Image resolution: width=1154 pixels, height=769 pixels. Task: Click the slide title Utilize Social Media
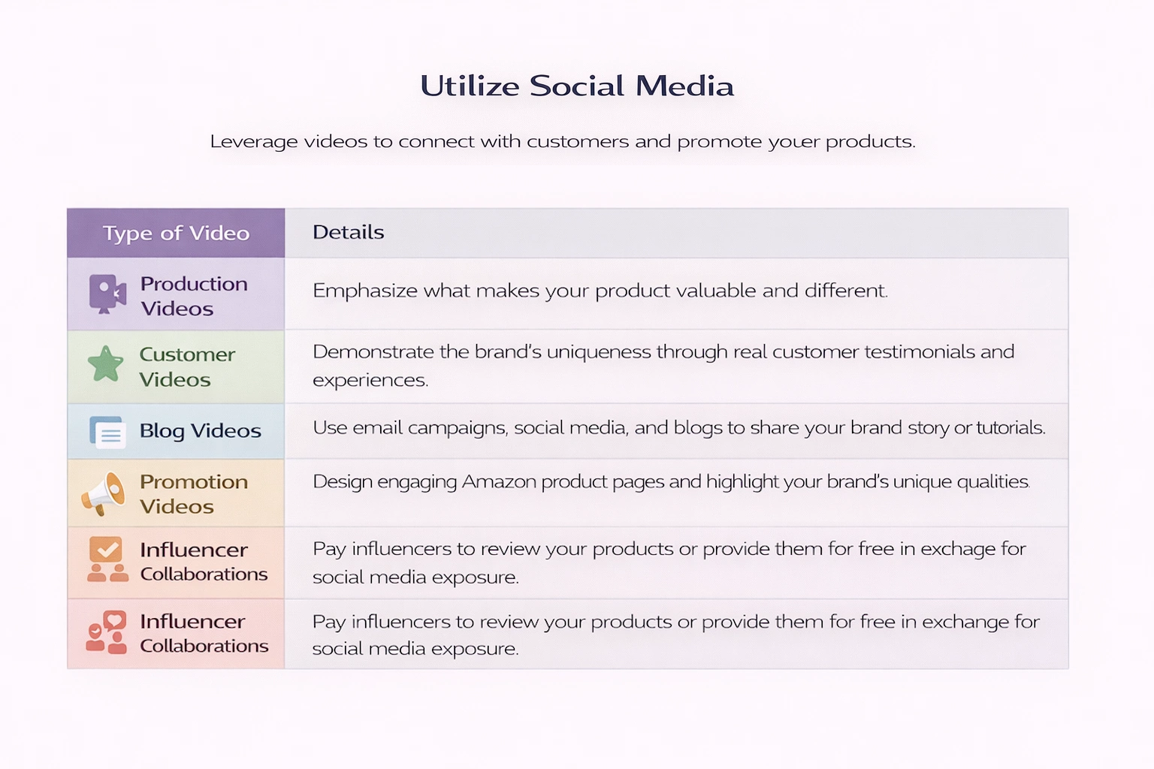click(577, 86)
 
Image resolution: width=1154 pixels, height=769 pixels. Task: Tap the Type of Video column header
click(177, 234)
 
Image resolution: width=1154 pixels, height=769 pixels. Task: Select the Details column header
click(349, 232)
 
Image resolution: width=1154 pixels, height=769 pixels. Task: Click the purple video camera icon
click(107, 294)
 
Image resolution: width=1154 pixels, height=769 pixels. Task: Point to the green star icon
click(106, 364)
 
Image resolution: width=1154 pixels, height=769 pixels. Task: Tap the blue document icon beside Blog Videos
click(107, 432)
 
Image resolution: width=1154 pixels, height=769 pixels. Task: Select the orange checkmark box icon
click(106, 550)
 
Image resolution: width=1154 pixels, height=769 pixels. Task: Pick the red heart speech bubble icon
click(114, 620)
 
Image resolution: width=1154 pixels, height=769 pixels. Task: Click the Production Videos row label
click(194, 296)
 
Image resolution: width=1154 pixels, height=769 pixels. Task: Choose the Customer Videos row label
click(188, 366)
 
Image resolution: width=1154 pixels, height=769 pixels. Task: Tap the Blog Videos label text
click(201, 430)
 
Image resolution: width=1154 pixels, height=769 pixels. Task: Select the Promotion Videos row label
click(194, 494)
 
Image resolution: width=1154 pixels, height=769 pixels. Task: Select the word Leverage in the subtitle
click(254, 141)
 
